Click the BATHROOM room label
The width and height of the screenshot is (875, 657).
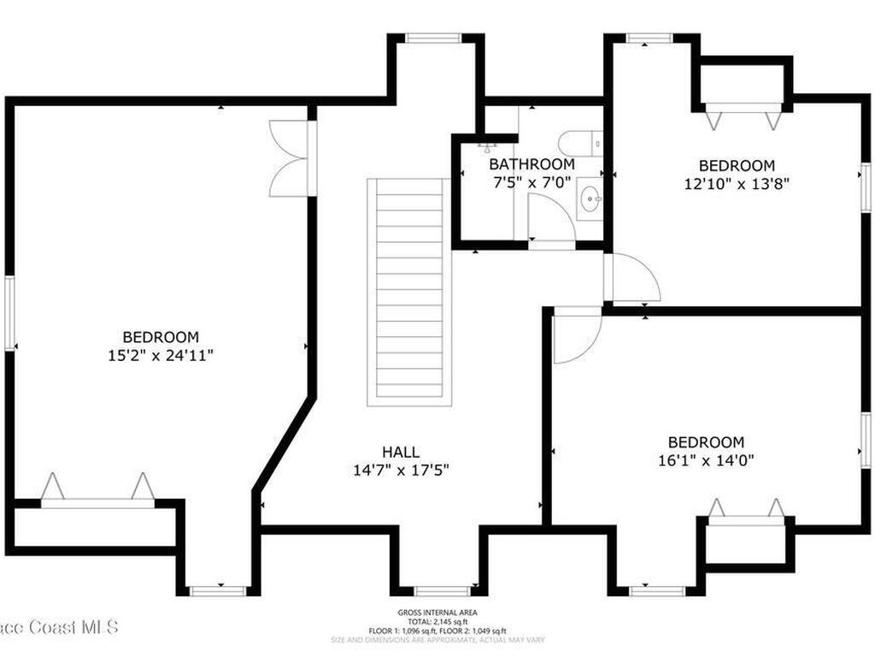[531, 164]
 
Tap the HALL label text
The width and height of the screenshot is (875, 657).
[401, 452]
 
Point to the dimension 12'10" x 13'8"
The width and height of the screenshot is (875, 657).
[737, 183]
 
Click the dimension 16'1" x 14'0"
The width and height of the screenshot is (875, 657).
[706, 459]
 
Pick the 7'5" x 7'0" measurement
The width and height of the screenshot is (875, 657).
[531, 181]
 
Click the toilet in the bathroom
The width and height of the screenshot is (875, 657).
[581, 142]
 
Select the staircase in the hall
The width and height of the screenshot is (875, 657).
[409, 291]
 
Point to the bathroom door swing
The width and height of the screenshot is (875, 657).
[550, 220]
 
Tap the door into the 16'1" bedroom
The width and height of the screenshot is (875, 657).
[576, 334]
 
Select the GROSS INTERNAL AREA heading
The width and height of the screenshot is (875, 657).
[437, 613]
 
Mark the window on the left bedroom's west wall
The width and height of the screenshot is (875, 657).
[10, 312]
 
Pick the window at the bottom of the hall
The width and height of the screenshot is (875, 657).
[442, 590]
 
